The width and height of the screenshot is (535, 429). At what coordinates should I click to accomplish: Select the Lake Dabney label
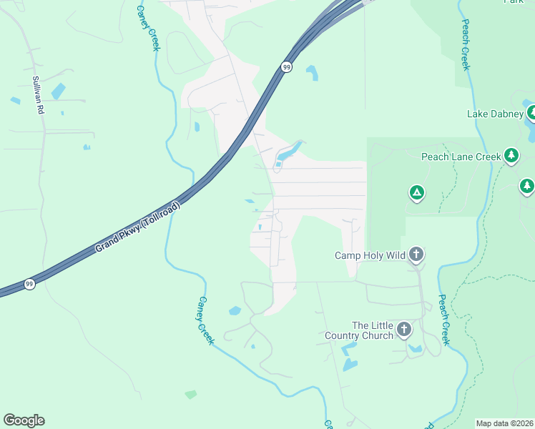[495, 114]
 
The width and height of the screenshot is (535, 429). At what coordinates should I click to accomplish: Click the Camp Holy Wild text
[370, 255]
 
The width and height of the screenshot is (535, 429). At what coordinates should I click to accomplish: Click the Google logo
[24, 420]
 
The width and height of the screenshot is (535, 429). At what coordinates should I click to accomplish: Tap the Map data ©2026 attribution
[504, 423]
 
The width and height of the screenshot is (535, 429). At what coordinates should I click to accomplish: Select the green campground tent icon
[416, 192]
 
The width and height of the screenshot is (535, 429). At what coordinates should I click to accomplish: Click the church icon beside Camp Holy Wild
[416, 255]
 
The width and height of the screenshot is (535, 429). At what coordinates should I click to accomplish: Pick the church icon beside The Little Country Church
[404, 330]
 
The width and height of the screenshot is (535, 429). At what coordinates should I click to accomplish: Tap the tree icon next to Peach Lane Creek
[511, 155]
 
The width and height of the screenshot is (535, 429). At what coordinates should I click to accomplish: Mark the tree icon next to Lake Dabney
[531, 112]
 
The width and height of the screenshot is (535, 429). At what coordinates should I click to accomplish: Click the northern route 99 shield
[286, 66]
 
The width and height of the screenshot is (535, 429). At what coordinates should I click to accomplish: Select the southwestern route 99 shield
[29, 283]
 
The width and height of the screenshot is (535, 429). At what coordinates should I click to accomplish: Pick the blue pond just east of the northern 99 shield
[312, 72]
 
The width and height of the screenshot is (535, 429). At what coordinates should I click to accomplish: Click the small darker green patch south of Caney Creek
[190, 394]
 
